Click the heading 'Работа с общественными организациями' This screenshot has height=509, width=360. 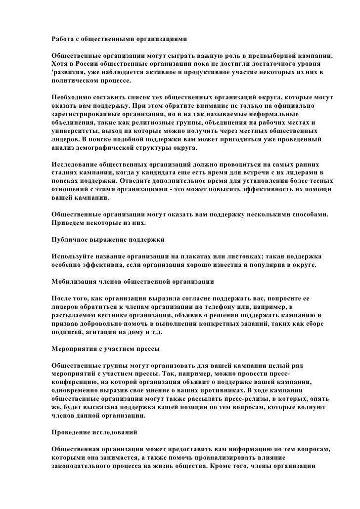pyautogui.click(x=119, y=38)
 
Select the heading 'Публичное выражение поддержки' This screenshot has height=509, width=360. pyautogui.click(x=108, y=240)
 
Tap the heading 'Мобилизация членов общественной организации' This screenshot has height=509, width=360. pyautogui.click(x=133, y=282)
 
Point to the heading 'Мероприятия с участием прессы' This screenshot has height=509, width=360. pyautogui.click(x=106, y=348)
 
